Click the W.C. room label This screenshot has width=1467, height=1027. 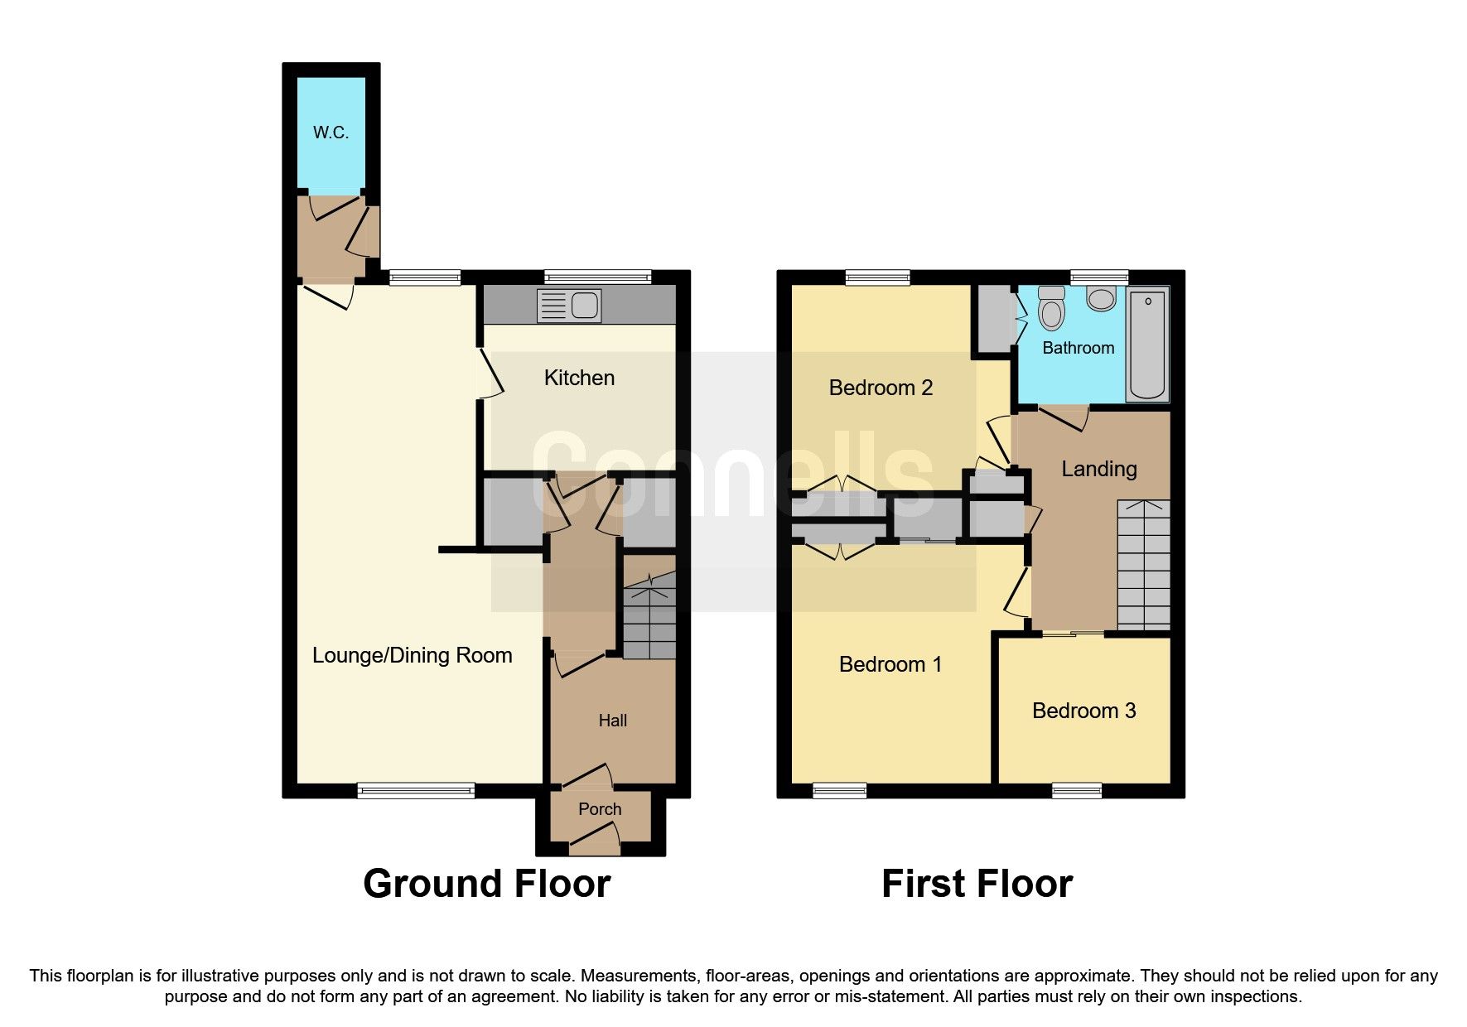[x=331, y=133]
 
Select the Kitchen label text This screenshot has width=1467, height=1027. [x=579, y=378]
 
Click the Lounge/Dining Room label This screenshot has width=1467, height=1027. [x=412, y=655]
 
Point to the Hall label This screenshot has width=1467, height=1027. [x=612, y=721]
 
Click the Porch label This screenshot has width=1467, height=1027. [x=599, y=809]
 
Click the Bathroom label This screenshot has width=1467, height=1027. [x=1078, y=348]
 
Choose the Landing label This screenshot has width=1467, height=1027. [x=1098, y=469]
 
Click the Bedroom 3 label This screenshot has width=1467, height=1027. [x=1083, y=711]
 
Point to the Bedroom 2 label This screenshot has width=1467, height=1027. [x=881, y=388]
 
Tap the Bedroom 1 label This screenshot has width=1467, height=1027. [x=890, y=664]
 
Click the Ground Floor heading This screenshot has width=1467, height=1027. [x=486, y=884]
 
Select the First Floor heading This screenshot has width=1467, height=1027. [x=977, y=884]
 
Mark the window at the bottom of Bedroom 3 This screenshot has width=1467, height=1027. [x=1077, y=791]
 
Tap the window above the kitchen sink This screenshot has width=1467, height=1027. [x=597, y=277]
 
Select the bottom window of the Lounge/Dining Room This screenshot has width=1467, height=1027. [x=416, y=791]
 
